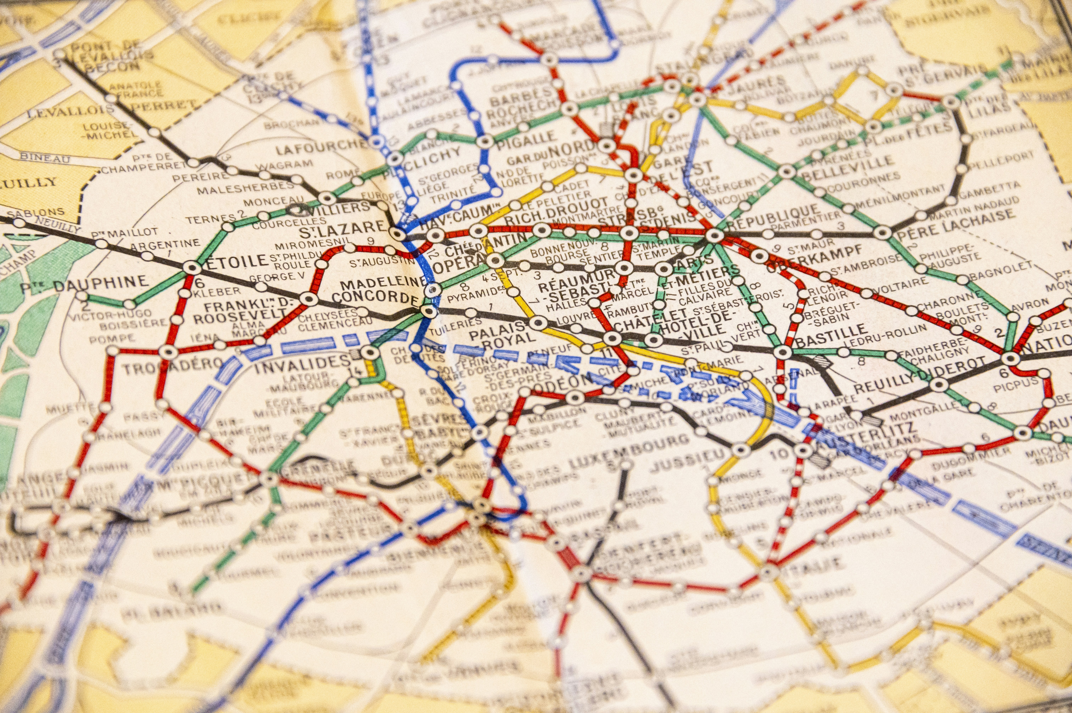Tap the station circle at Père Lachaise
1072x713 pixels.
(x=882, y=233)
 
